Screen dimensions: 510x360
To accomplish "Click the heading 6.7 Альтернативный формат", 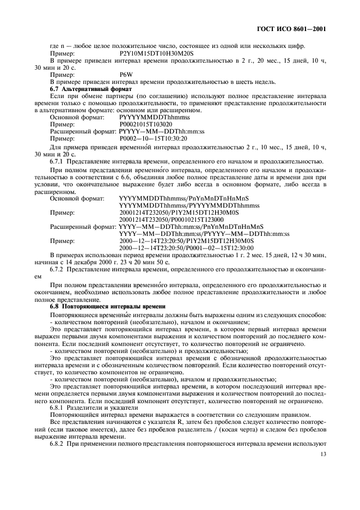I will [x=88, y=88].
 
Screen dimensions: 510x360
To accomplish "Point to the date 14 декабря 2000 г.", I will [x=86, y=262].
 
